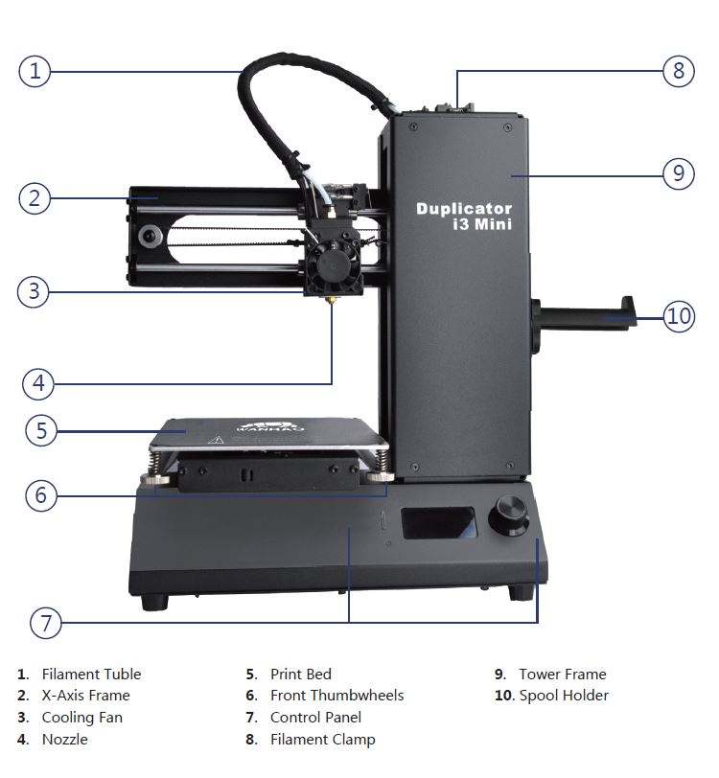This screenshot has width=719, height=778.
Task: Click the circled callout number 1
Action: (35, 71)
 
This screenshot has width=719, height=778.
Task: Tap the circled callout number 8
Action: (679, 71)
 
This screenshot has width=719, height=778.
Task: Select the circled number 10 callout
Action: (680, 315)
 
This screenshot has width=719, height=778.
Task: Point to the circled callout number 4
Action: (38, 383)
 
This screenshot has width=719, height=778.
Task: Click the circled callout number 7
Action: (46, 623)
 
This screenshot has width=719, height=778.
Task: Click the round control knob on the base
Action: (508, 515)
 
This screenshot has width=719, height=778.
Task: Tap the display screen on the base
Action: (439, 522)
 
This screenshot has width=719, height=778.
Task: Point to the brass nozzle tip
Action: (330, 300)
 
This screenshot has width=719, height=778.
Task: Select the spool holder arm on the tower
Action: (584, 315)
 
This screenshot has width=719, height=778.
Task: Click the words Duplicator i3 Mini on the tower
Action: (464, 217)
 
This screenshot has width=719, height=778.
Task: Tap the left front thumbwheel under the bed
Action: (155, 479)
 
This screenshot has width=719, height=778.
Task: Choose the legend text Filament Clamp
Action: (323, 740)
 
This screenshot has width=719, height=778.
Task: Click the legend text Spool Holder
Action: (564, 696)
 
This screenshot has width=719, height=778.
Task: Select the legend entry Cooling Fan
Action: (82, 718)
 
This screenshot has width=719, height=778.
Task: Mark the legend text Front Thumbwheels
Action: (337, 696)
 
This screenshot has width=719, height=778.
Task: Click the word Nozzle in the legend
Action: (65, 740)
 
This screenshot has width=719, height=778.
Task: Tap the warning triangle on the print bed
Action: (216, 439)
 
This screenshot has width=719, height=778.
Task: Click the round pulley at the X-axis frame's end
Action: (150, 236)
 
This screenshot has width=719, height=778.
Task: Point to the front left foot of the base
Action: (155, 602)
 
